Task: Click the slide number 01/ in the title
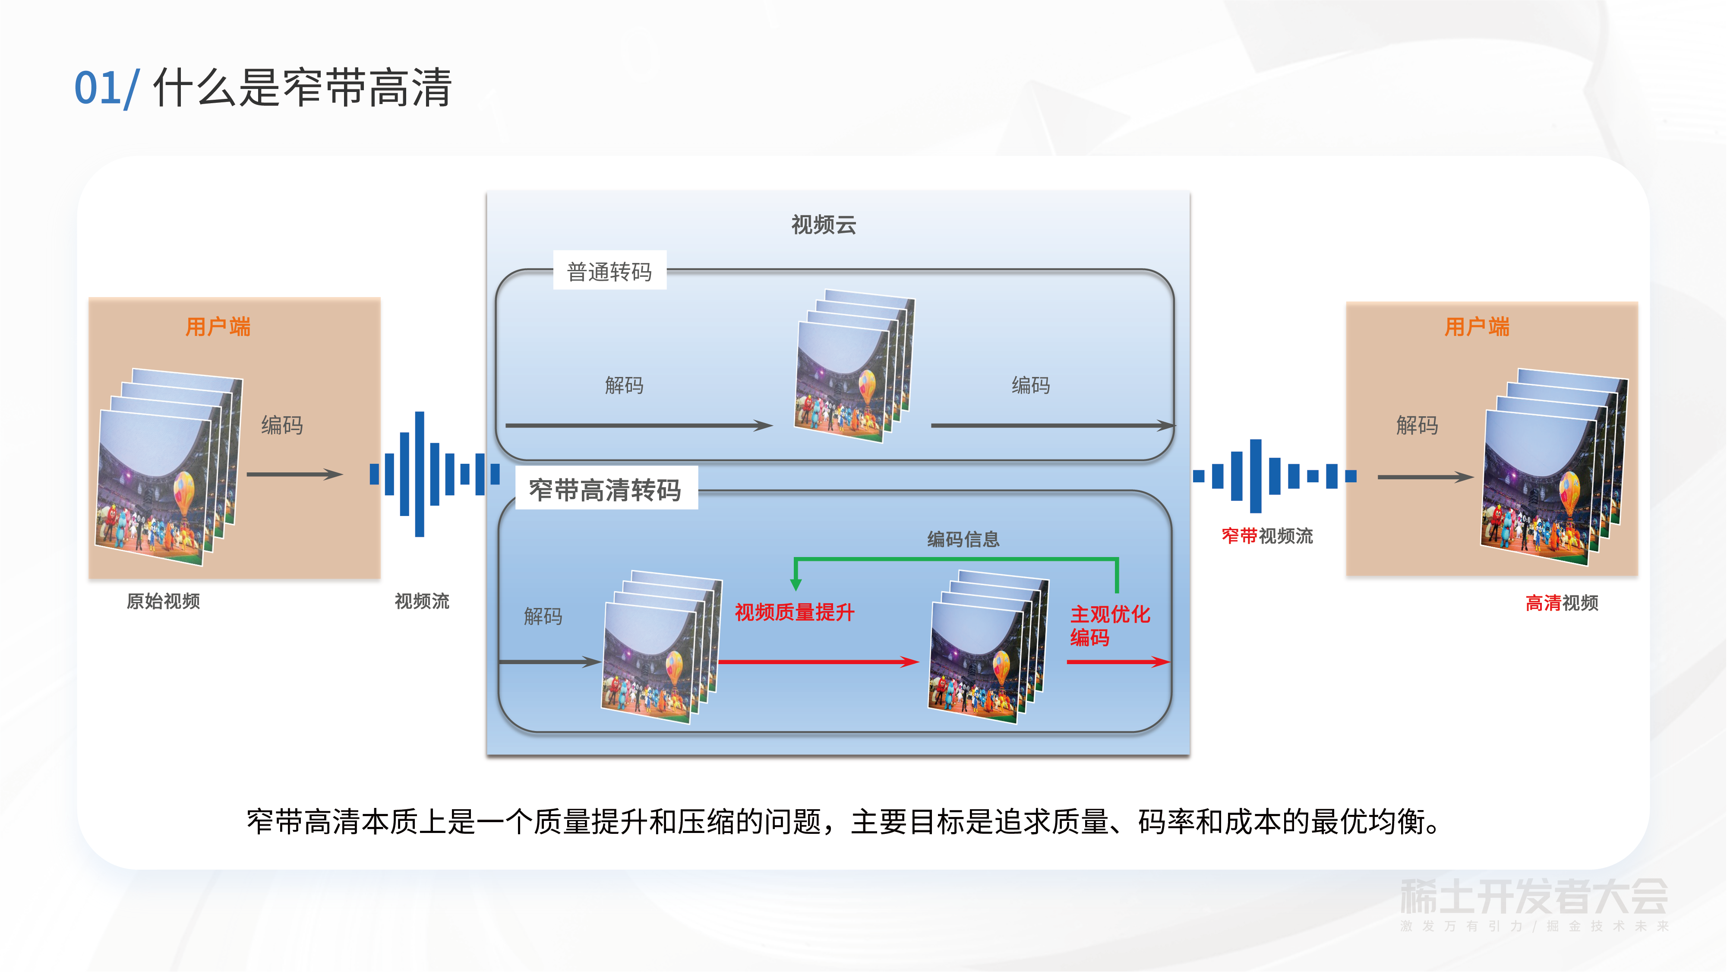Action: click(x=106, y=89)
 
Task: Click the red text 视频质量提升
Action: click(x=795, y=612)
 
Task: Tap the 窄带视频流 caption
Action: click(x=1266, y=536)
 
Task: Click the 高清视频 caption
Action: click(x=1561, y=603)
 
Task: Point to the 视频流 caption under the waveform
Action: click(x=422, y=601)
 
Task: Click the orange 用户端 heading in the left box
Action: click(x=218, y=327)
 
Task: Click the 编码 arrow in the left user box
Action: click(x=294, y=474)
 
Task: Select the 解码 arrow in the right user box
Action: click(x=1425, y=477)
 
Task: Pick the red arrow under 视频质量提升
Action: click(x=818, y=662)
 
